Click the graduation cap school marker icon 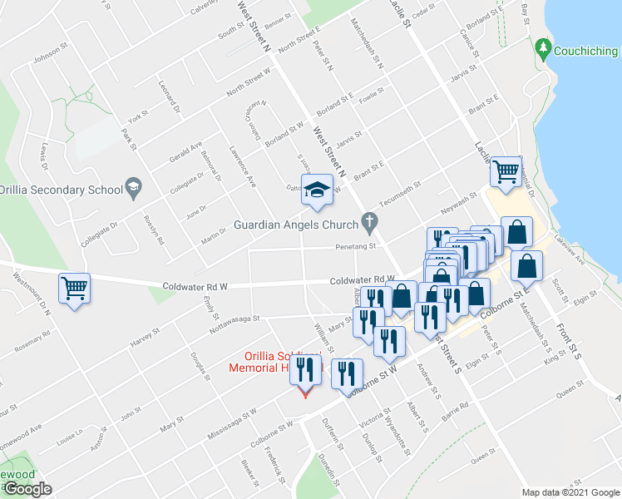tap(316, 190)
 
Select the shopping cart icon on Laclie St tap(506, 172)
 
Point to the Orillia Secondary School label tap(62, 189)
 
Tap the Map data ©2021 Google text tap(570, 492)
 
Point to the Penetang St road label tap(357, 246)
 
